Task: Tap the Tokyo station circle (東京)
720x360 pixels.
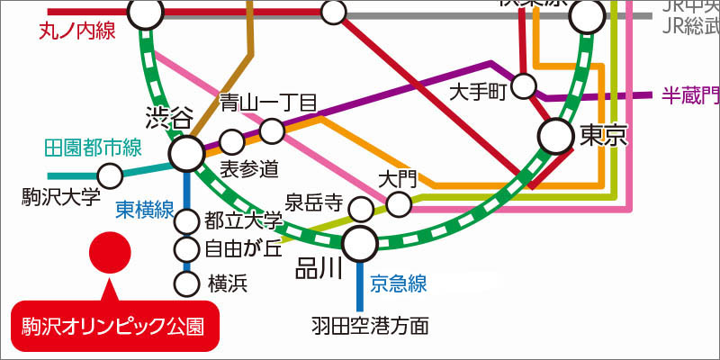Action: click(x=555, y=137)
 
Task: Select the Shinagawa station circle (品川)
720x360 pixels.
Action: click(x=360, y=241)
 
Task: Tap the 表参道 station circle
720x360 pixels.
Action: click(x=232, y=141)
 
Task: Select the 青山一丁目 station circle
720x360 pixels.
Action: click(x=272, y=132)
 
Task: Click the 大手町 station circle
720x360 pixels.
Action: click(x=524, y=87)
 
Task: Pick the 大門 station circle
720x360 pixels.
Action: click(x=399, y=204)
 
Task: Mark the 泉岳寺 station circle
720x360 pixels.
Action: click(x=360, y=211)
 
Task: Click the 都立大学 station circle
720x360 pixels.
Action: click(x=187, y=220)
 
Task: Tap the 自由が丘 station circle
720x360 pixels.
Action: click(x=187, y=249)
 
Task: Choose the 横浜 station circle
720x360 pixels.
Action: click(x=187, y=284)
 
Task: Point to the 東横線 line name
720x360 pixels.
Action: click(x=145, y=210)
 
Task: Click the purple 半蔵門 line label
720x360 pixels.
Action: click(x=689, y=94)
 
